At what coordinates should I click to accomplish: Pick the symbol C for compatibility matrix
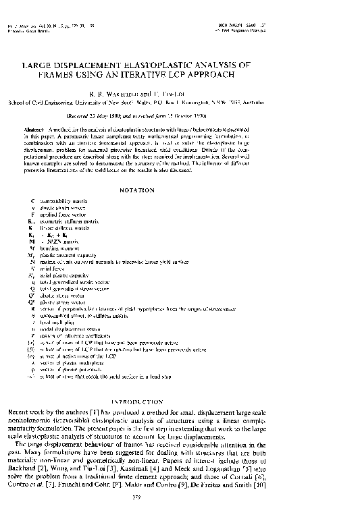pos(33,201)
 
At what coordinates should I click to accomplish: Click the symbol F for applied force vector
pos(33,214)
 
